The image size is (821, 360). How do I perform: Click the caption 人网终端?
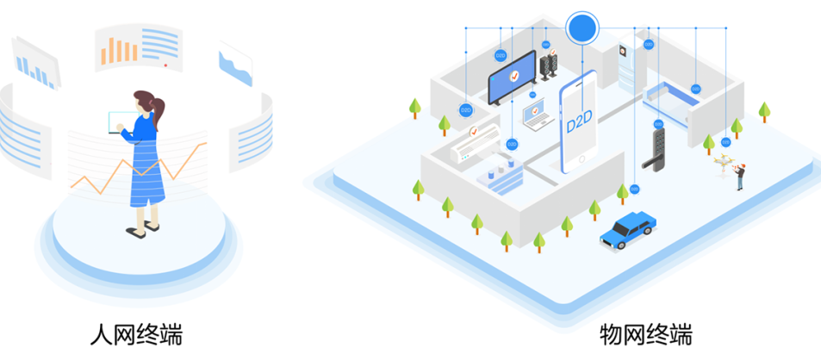pyautogui.click(x=137, y=333)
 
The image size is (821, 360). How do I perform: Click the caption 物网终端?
pyautogui.click(x=646, y=333)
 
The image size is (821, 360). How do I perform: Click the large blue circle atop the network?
pyautogui.click(x=582, y=28)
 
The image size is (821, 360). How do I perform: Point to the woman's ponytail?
pyautogui.click(x=156, y=109)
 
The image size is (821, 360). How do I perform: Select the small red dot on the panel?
pyautogui.click(x=165, y=64)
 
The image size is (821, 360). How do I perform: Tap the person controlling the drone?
pyautogui.click(x=739, y=177)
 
